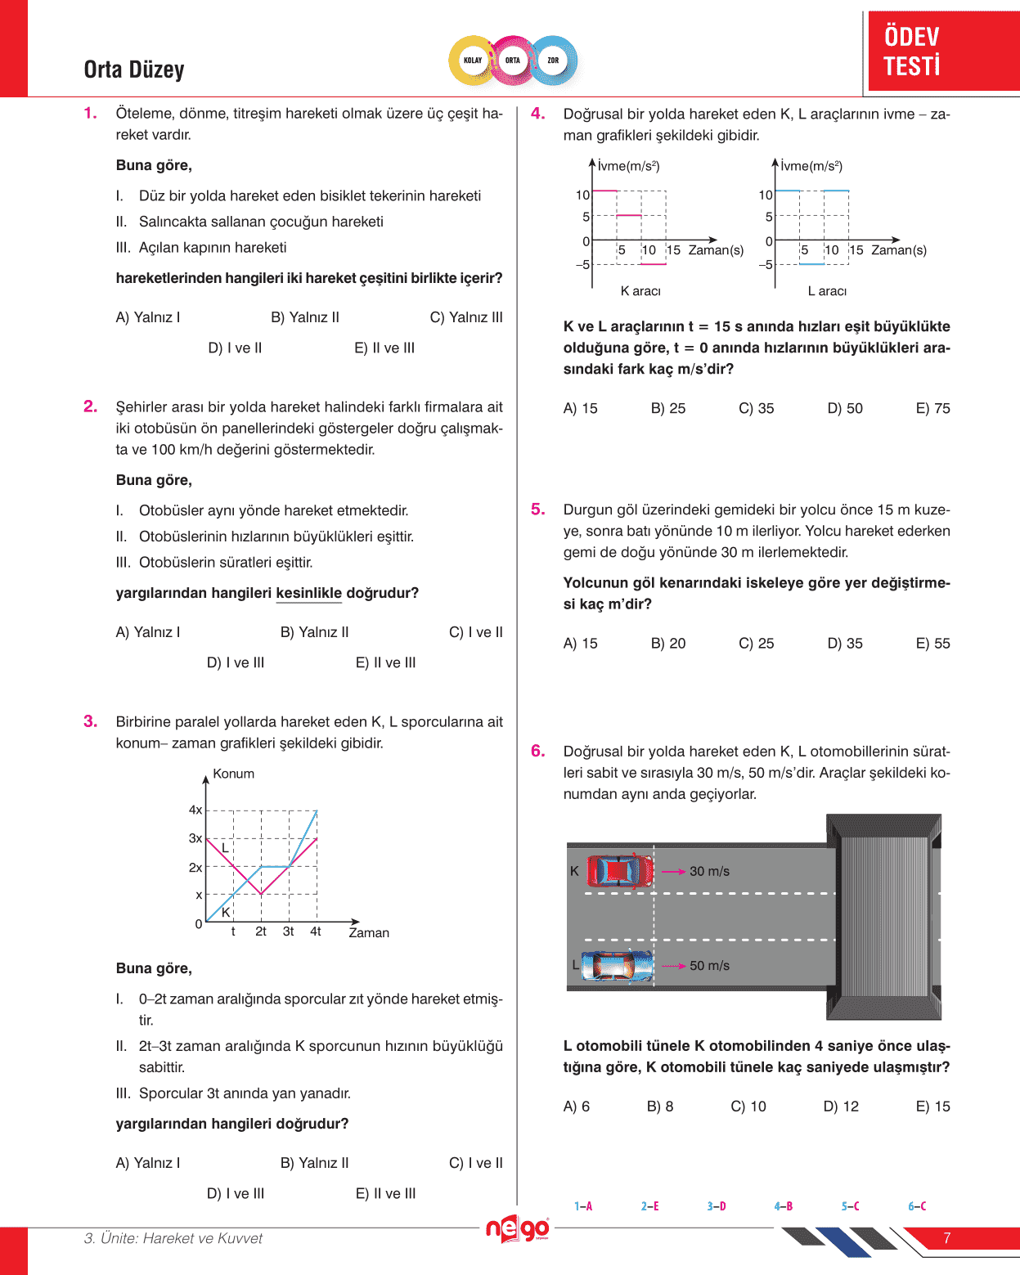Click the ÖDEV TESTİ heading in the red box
coord(912,51)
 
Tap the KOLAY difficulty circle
coord(473,61)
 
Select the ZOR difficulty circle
coord(553,61)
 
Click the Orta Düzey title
coord(134,70)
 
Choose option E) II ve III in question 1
coord(384,348)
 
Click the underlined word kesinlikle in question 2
coord(308,593)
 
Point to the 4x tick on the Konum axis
coord(195,810)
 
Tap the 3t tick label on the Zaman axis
coord(288,932)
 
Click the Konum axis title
coord(233,774)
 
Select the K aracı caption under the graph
coord(640,291)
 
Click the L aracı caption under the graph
coord(827,291)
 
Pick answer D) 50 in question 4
coord(845,409)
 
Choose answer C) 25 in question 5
coord(757,644)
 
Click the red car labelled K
coord(620,871)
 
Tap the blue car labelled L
coord(618,966)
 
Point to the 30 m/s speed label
coord(709,872)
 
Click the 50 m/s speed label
coord(709,966)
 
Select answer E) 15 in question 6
coord(933,1107)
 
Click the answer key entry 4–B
coord(783,1206)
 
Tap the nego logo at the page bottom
coord(517,1229)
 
